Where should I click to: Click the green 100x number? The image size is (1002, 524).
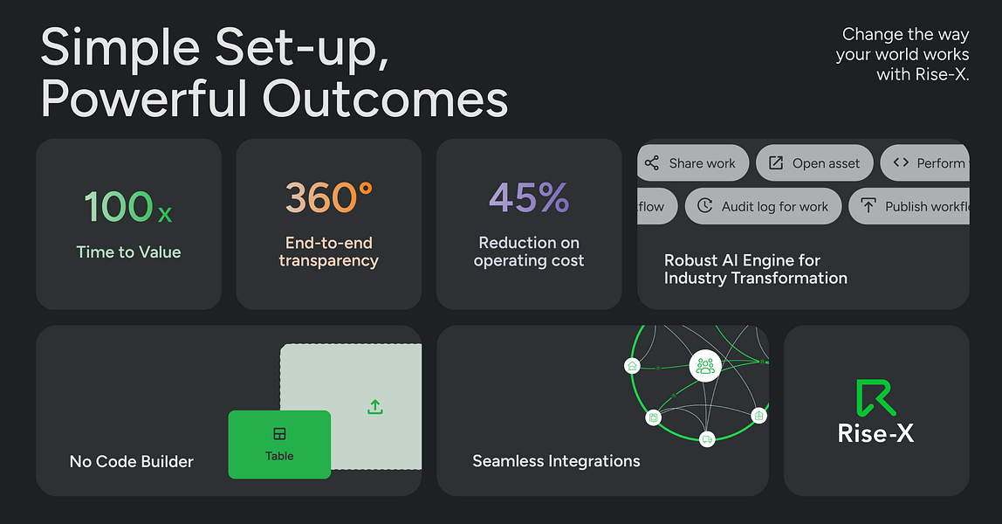pyautogui.click(x=128, y=206)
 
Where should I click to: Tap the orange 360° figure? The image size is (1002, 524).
pyautogui.click(x=328, y=198)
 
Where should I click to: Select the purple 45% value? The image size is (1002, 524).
pyautogui.click(x=529, y=198)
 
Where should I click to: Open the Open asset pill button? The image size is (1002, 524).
pyautogui.click(x=814, y=163)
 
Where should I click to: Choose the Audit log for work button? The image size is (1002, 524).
pyautogui.click(x=763, y=207)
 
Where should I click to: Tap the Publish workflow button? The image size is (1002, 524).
pyautogui.click(x=912, y=207)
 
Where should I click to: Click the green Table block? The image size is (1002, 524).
pyautogui.click(x=279, y=445)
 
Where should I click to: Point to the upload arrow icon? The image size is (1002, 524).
pyautogui.click(x=375, y=407)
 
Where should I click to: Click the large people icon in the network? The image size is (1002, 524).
pyautogui.click(x=705, y=366)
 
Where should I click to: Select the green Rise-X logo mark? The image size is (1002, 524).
pyautogui.click(x=875, y=397)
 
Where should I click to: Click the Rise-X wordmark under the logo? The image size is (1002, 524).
pyautogui.click(x=875, y=432)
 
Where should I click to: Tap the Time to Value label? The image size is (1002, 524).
pyautogui.click(x=128, y=252)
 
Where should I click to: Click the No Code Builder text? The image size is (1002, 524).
pyautogui.click(x=131, y=461)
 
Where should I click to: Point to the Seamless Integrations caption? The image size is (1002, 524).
pyautogui.click(x=556, y=461)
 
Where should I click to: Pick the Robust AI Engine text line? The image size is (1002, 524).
pyautogui.click(x=742, y=260)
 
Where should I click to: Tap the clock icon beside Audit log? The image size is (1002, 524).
pyautogui.click(x=704, y=207)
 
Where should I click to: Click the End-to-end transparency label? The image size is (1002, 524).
pyautogui.click(x=328, y=252)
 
